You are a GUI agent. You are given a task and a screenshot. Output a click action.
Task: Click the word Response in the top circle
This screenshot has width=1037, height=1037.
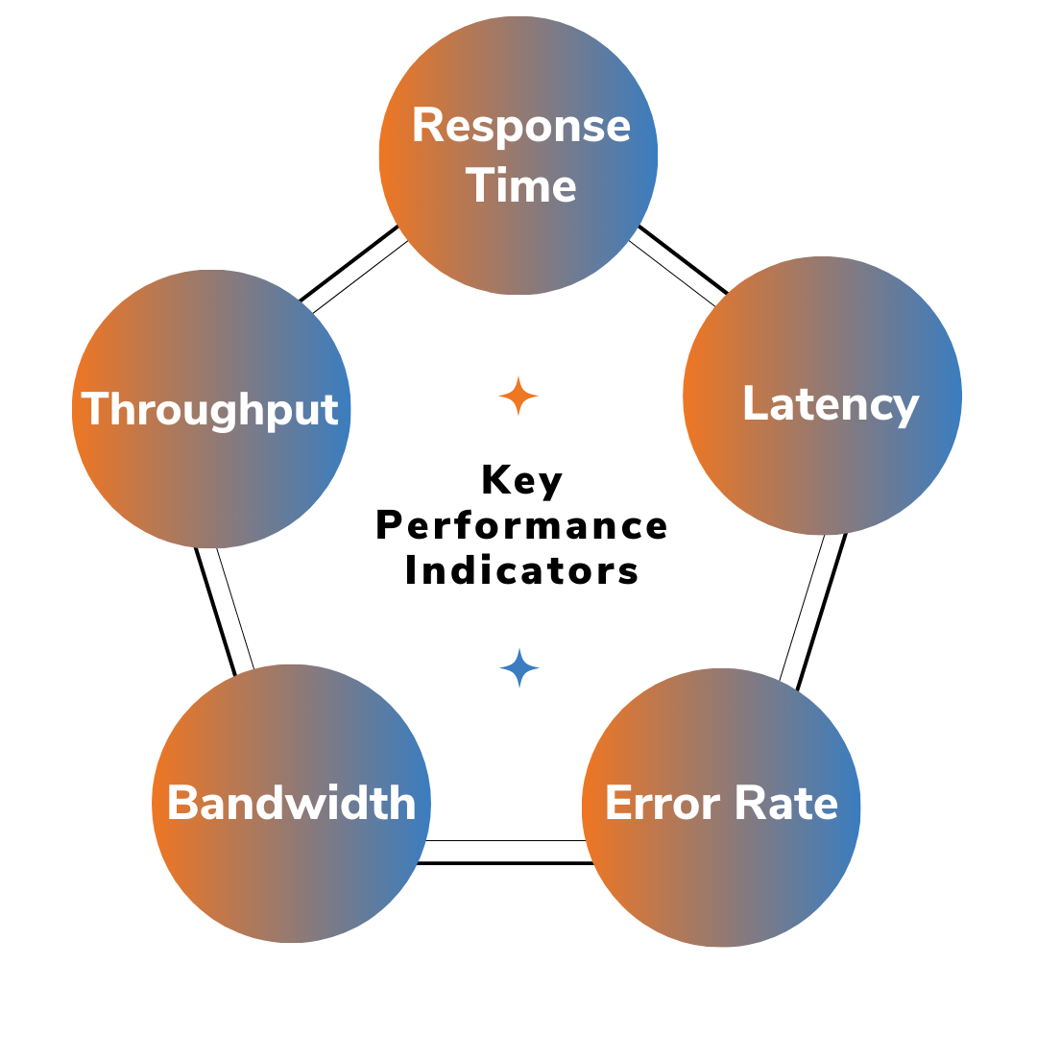(x=521, y=126)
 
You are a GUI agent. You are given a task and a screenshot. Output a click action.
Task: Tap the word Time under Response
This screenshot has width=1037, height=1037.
(x=521, y=184)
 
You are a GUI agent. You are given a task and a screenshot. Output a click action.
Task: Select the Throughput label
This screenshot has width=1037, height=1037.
(x=210, y=409)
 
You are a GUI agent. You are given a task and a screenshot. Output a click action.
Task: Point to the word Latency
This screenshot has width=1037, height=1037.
(x=831, y=403)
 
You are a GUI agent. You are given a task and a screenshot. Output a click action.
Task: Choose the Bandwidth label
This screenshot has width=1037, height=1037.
(x=291, y=803)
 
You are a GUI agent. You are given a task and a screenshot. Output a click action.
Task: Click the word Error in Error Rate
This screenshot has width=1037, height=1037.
(x=663, y=803)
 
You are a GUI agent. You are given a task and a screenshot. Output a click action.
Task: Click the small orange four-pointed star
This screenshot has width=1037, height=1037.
(x=518, y=396)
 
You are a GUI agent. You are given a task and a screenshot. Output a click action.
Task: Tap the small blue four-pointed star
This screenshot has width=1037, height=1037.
(x=519, y=667)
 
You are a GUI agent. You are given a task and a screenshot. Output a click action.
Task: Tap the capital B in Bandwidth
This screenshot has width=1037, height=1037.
(x=182, y=803)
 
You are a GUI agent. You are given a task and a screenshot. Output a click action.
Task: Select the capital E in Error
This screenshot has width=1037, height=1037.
(x=618, y=803)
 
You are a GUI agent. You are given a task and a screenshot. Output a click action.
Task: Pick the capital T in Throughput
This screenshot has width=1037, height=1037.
(x=94, y=409)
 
